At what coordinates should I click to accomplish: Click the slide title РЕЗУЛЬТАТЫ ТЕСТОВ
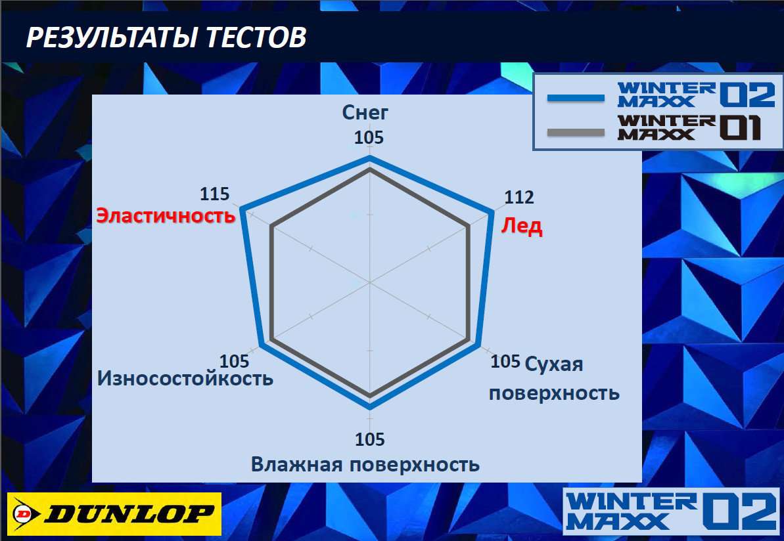(166, 37)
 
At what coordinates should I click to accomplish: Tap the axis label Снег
(365, 112)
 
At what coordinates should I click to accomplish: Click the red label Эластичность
(166, 215)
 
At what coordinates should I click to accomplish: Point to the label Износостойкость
(185, 378)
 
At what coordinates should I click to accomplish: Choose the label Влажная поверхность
(365, 464)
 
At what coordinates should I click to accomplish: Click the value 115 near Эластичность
(214, 194)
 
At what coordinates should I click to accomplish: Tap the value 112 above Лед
(519, 198)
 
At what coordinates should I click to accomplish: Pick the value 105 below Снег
(369, 137)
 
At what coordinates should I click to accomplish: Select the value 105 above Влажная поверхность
(369, 439)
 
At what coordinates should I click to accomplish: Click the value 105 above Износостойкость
(234, 360)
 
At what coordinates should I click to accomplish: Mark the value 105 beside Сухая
(505, 360)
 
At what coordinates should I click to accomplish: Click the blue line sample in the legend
(576, 98)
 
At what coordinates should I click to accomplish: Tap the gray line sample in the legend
(576, 133)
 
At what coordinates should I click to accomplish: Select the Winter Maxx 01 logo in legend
(689, 127)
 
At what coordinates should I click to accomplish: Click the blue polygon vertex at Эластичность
(242, 209)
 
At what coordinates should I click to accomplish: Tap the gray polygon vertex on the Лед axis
(469, 227)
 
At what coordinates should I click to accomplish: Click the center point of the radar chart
(369, 283)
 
